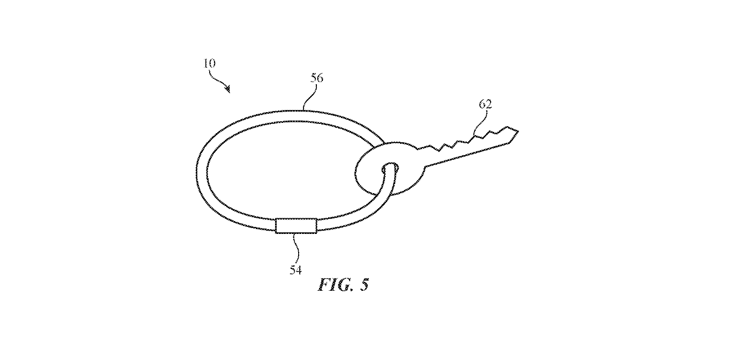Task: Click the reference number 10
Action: (210, 63)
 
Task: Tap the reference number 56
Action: (316, 78)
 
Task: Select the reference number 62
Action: (485, 104)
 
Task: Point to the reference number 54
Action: (295, 270)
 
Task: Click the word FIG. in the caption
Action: (336, 284)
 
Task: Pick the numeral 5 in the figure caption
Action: (365, 284)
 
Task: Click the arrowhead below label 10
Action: (227, 89)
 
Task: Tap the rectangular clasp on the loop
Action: (296, 226)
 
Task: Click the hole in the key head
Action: (391, 168)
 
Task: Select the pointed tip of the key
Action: (517, 131)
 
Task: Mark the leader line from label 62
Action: (480, 122)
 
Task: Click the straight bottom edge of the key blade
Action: (467, 155)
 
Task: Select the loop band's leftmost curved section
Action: (202, 172)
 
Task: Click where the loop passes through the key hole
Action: (390, 170)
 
